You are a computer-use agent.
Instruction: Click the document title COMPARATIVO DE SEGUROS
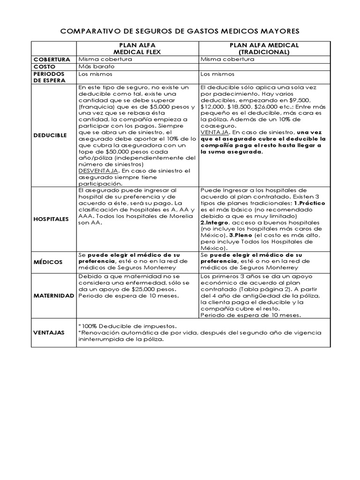tap(180, 31)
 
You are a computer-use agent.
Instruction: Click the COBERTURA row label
tap(52, 60)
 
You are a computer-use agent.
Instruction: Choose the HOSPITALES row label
tap(51, 219)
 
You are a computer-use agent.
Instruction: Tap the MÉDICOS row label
tap(47, 261)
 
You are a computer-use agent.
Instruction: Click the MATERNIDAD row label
tap(53, 296)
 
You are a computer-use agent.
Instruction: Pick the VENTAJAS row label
tap(49, 331)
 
